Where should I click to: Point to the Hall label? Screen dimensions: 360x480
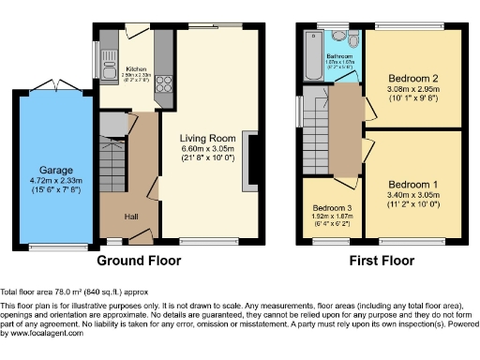[x=131, y=217]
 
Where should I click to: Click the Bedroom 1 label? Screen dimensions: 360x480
[x=412, y=183]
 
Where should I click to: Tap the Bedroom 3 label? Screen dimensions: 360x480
[x=333, y=207]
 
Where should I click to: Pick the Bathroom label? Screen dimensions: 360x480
[x=338, y=56]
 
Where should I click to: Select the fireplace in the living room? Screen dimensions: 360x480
[x=247, y=157]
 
